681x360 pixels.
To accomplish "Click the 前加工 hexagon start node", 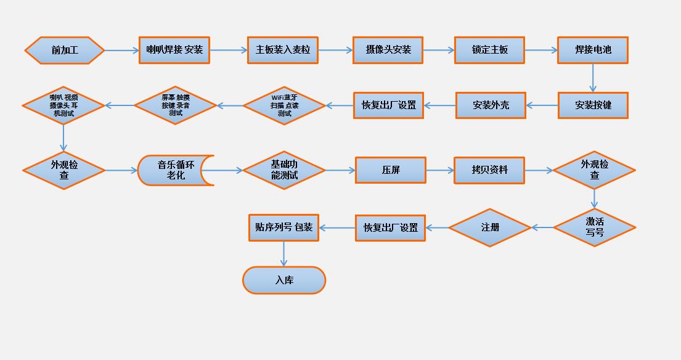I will pyautogui.click(x=65, y=51).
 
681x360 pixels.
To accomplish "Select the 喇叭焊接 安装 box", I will pyautogui.click(x=174, y=50).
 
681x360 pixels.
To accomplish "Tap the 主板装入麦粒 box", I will pyautogui.click(x=283, y=50).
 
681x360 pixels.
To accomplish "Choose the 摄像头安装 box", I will pyautogui.click(x=388, y=50).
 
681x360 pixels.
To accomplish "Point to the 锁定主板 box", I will pyautogui.click(x=490, y=50).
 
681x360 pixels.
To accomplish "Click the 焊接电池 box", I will pyautogui.click(x=593, y=50).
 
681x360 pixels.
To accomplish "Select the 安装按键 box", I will pyautogui.click(x=593, y=105).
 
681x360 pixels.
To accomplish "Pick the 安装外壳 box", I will pyautogui.click(x=491, y=105).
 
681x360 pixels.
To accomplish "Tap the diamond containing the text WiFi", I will pyautogui.click(x=284, y=105).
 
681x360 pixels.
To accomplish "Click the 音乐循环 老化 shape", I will pyautogui.click(x=175, y=170).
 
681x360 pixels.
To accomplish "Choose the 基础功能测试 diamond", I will pyautogui.click(x=284, y=170).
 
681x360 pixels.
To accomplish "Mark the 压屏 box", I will pyautogui.click(x=391, y=170).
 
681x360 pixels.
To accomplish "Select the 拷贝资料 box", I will pyautogui.click(x=489, y=170).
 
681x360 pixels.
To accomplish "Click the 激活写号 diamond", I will pyautogui.click(x=594, y=227).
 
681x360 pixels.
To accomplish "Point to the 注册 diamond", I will pyautogui.click(x=490, y=227).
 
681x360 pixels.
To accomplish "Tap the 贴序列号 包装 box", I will pyautogui.click(x=283, y=227).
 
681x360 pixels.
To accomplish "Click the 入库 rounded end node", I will pyautogui.click(x=284, y=280).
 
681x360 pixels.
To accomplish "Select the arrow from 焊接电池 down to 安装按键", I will pyautogui.click(x=593, y=78).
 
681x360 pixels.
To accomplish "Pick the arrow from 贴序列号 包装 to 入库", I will pyautogui.click(x=284, y=253).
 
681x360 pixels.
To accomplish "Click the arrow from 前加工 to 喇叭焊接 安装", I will pyautogui.click(x=122, y=51).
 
